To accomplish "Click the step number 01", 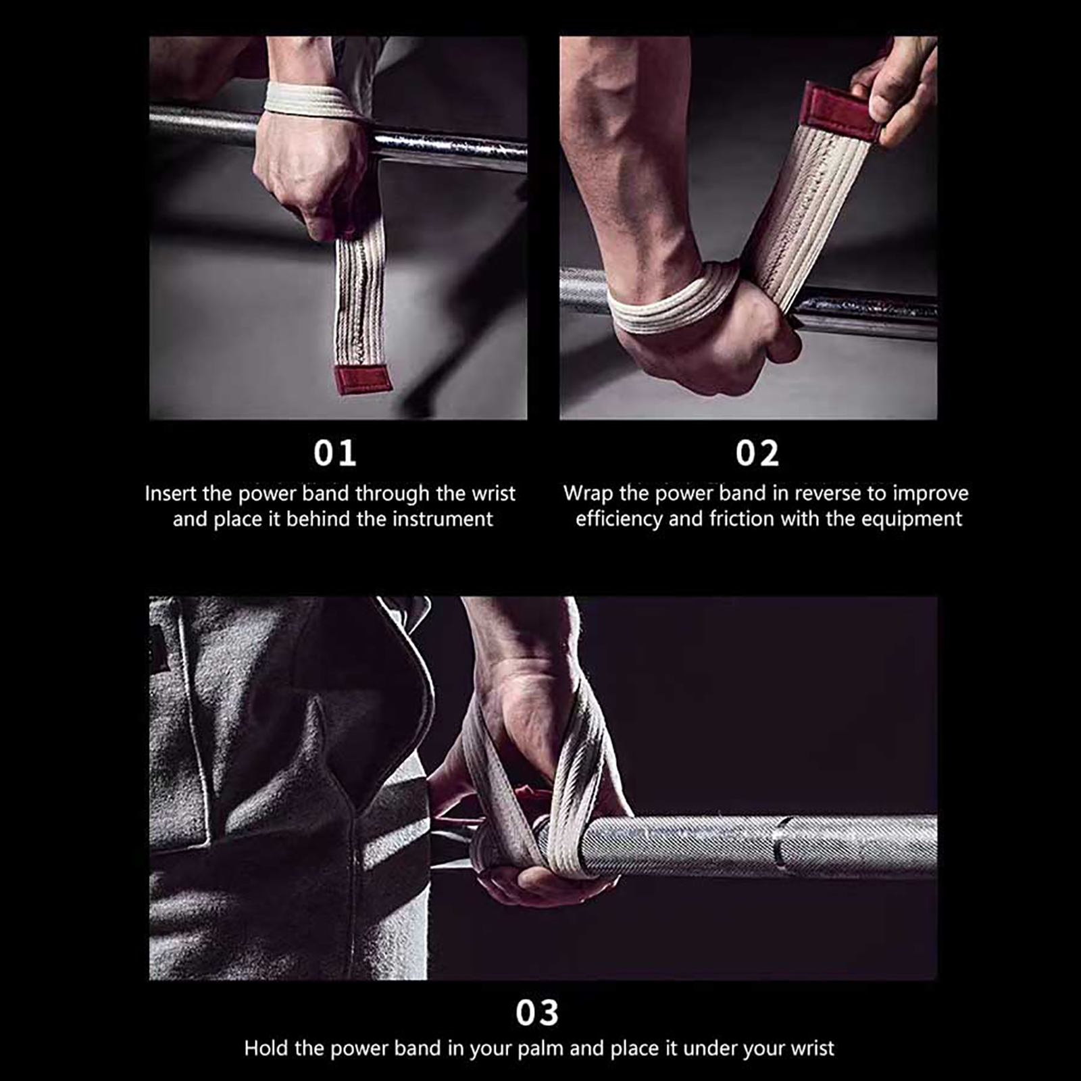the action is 334,453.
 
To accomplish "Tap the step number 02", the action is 757,453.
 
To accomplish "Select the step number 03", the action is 537,1013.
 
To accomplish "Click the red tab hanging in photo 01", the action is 363,379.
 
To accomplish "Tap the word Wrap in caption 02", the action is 588,494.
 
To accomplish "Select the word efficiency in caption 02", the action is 619,519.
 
